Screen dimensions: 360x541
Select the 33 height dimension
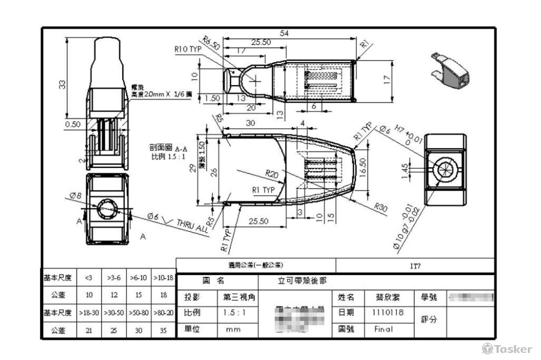click(x=63, y=84)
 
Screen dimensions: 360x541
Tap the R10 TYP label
click(x=188, y=49)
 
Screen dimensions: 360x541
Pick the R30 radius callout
click(x=382, y=207)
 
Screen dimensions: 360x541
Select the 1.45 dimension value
click(x=405, y=169)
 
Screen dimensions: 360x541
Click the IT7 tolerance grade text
click(x=415, y=266)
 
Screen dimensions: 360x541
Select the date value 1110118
click(x=387, y=312)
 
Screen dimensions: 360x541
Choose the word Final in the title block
click(x=384, y=329)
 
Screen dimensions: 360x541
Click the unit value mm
click(x=233, y=329)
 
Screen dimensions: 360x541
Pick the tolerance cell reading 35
click(x=163, y=330)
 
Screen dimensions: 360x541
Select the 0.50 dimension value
click(x=72, y=124)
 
